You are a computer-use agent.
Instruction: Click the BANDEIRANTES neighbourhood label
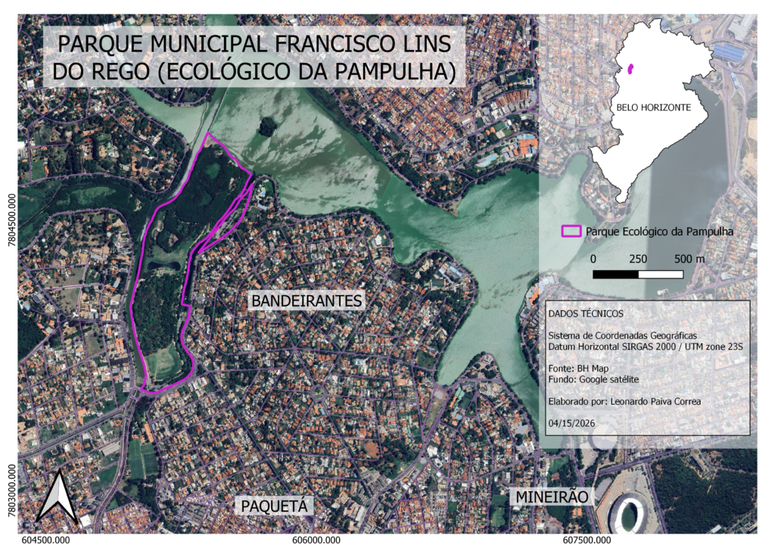(307, 300)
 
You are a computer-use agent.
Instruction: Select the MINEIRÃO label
(552, 497)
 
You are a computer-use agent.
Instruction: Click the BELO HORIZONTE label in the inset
(653, 107)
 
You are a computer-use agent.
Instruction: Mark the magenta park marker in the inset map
(630, 70)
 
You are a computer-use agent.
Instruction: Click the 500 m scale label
(689, 258)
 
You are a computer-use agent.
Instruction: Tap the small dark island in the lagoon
(266, 126)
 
